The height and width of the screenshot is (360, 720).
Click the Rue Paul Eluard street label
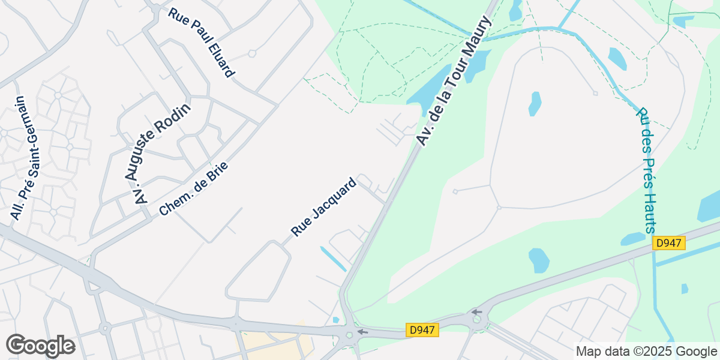(x=201, y=43)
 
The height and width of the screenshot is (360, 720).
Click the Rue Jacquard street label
(x=324, y=206)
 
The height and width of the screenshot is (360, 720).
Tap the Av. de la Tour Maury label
(x=454, y=81)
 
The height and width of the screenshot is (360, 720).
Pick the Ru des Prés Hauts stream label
(x=647, y=170)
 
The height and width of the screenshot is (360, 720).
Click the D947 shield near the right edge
(x=669, y=243)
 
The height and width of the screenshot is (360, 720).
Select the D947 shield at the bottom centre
(x=423, y=330)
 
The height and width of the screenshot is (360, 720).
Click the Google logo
(x=40, y=345)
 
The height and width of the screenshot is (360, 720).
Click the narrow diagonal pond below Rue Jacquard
(x=333, y=258)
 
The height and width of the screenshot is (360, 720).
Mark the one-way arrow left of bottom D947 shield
(x=362, y=331)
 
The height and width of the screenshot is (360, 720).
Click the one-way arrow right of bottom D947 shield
(x=476, y=312)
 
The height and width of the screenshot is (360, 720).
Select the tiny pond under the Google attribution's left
(x=685, y=289)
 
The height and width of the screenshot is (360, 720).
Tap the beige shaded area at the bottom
(x=276, y=345)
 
